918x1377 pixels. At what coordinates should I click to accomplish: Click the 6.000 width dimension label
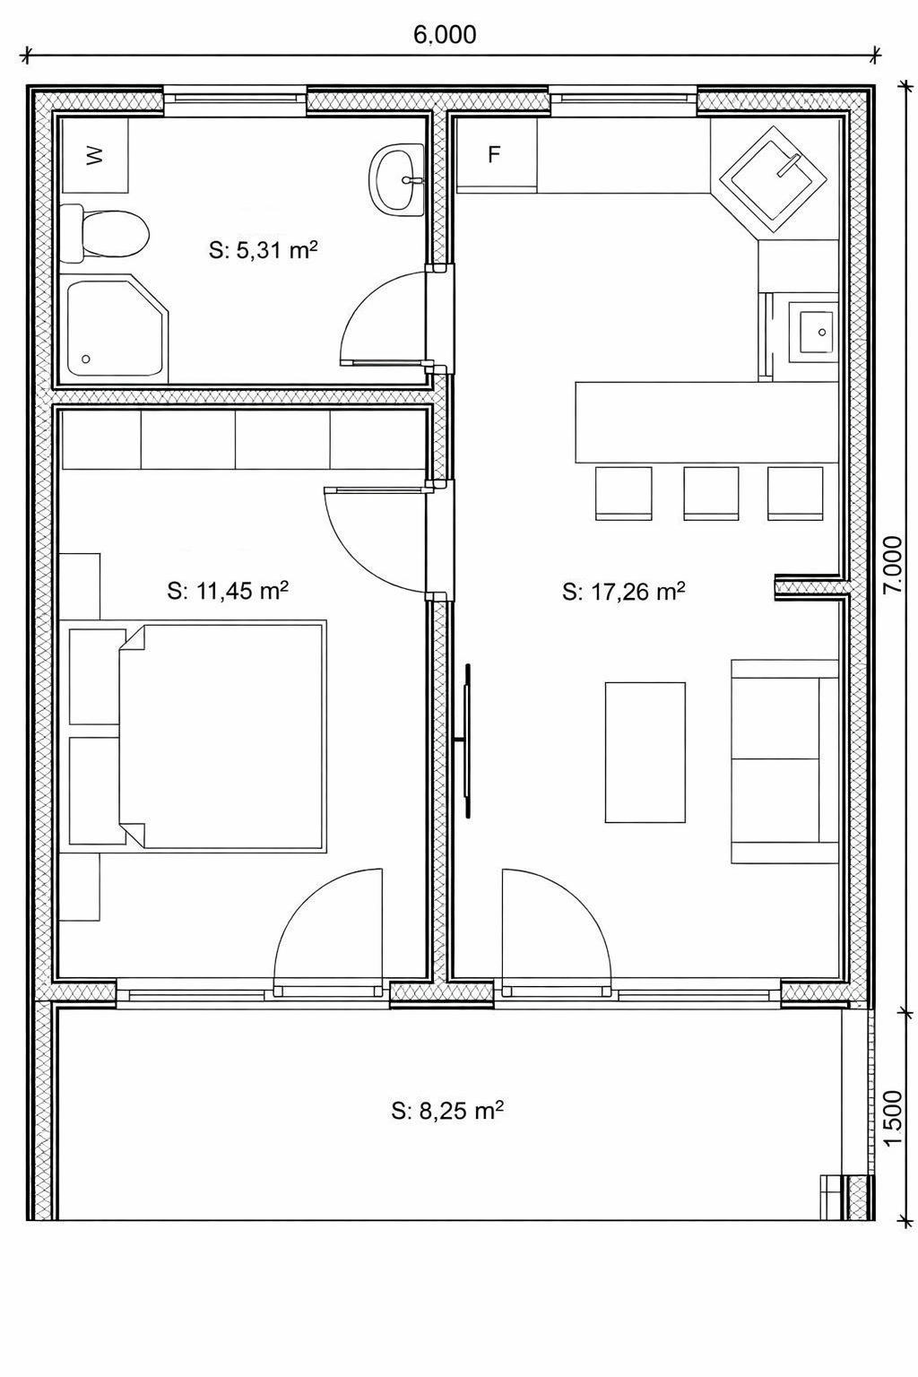[x=445, y=35]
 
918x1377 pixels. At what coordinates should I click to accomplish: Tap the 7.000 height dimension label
[x=893, y=564]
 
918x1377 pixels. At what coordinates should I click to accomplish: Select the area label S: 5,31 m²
[x=264, y=250]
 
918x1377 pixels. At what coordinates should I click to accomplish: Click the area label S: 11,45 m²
[x=228, y=591]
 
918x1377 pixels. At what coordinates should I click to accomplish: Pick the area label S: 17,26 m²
[x=623, y=592]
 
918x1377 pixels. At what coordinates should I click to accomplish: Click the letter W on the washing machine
[x=94, y=155]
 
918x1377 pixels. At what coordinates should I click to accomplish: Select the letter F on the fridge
[x=494, y=155]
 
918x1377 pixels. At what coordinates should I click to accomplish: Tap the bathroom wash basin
[x=397, y=179]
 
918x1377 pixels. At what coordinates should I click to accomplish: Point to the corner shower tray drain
[x=86, y=359]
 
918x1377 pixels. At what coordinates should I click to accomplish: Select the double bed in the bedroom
[x=221, y=737]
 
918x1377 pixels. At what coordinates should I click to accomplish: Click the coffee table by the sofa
[x=645, y=752]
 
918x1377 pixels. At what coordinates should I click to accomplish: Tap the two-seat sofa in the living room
[x=784, y=761]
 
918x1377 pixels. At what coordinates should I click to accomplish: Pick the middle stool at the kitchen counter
[x=711, y=493]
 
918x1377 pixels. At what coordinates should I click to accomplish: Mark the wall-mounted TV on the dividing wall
[x=468, y=740]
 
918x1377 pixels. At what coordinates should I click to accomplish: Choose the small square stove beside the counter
[x=814, y=333]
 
